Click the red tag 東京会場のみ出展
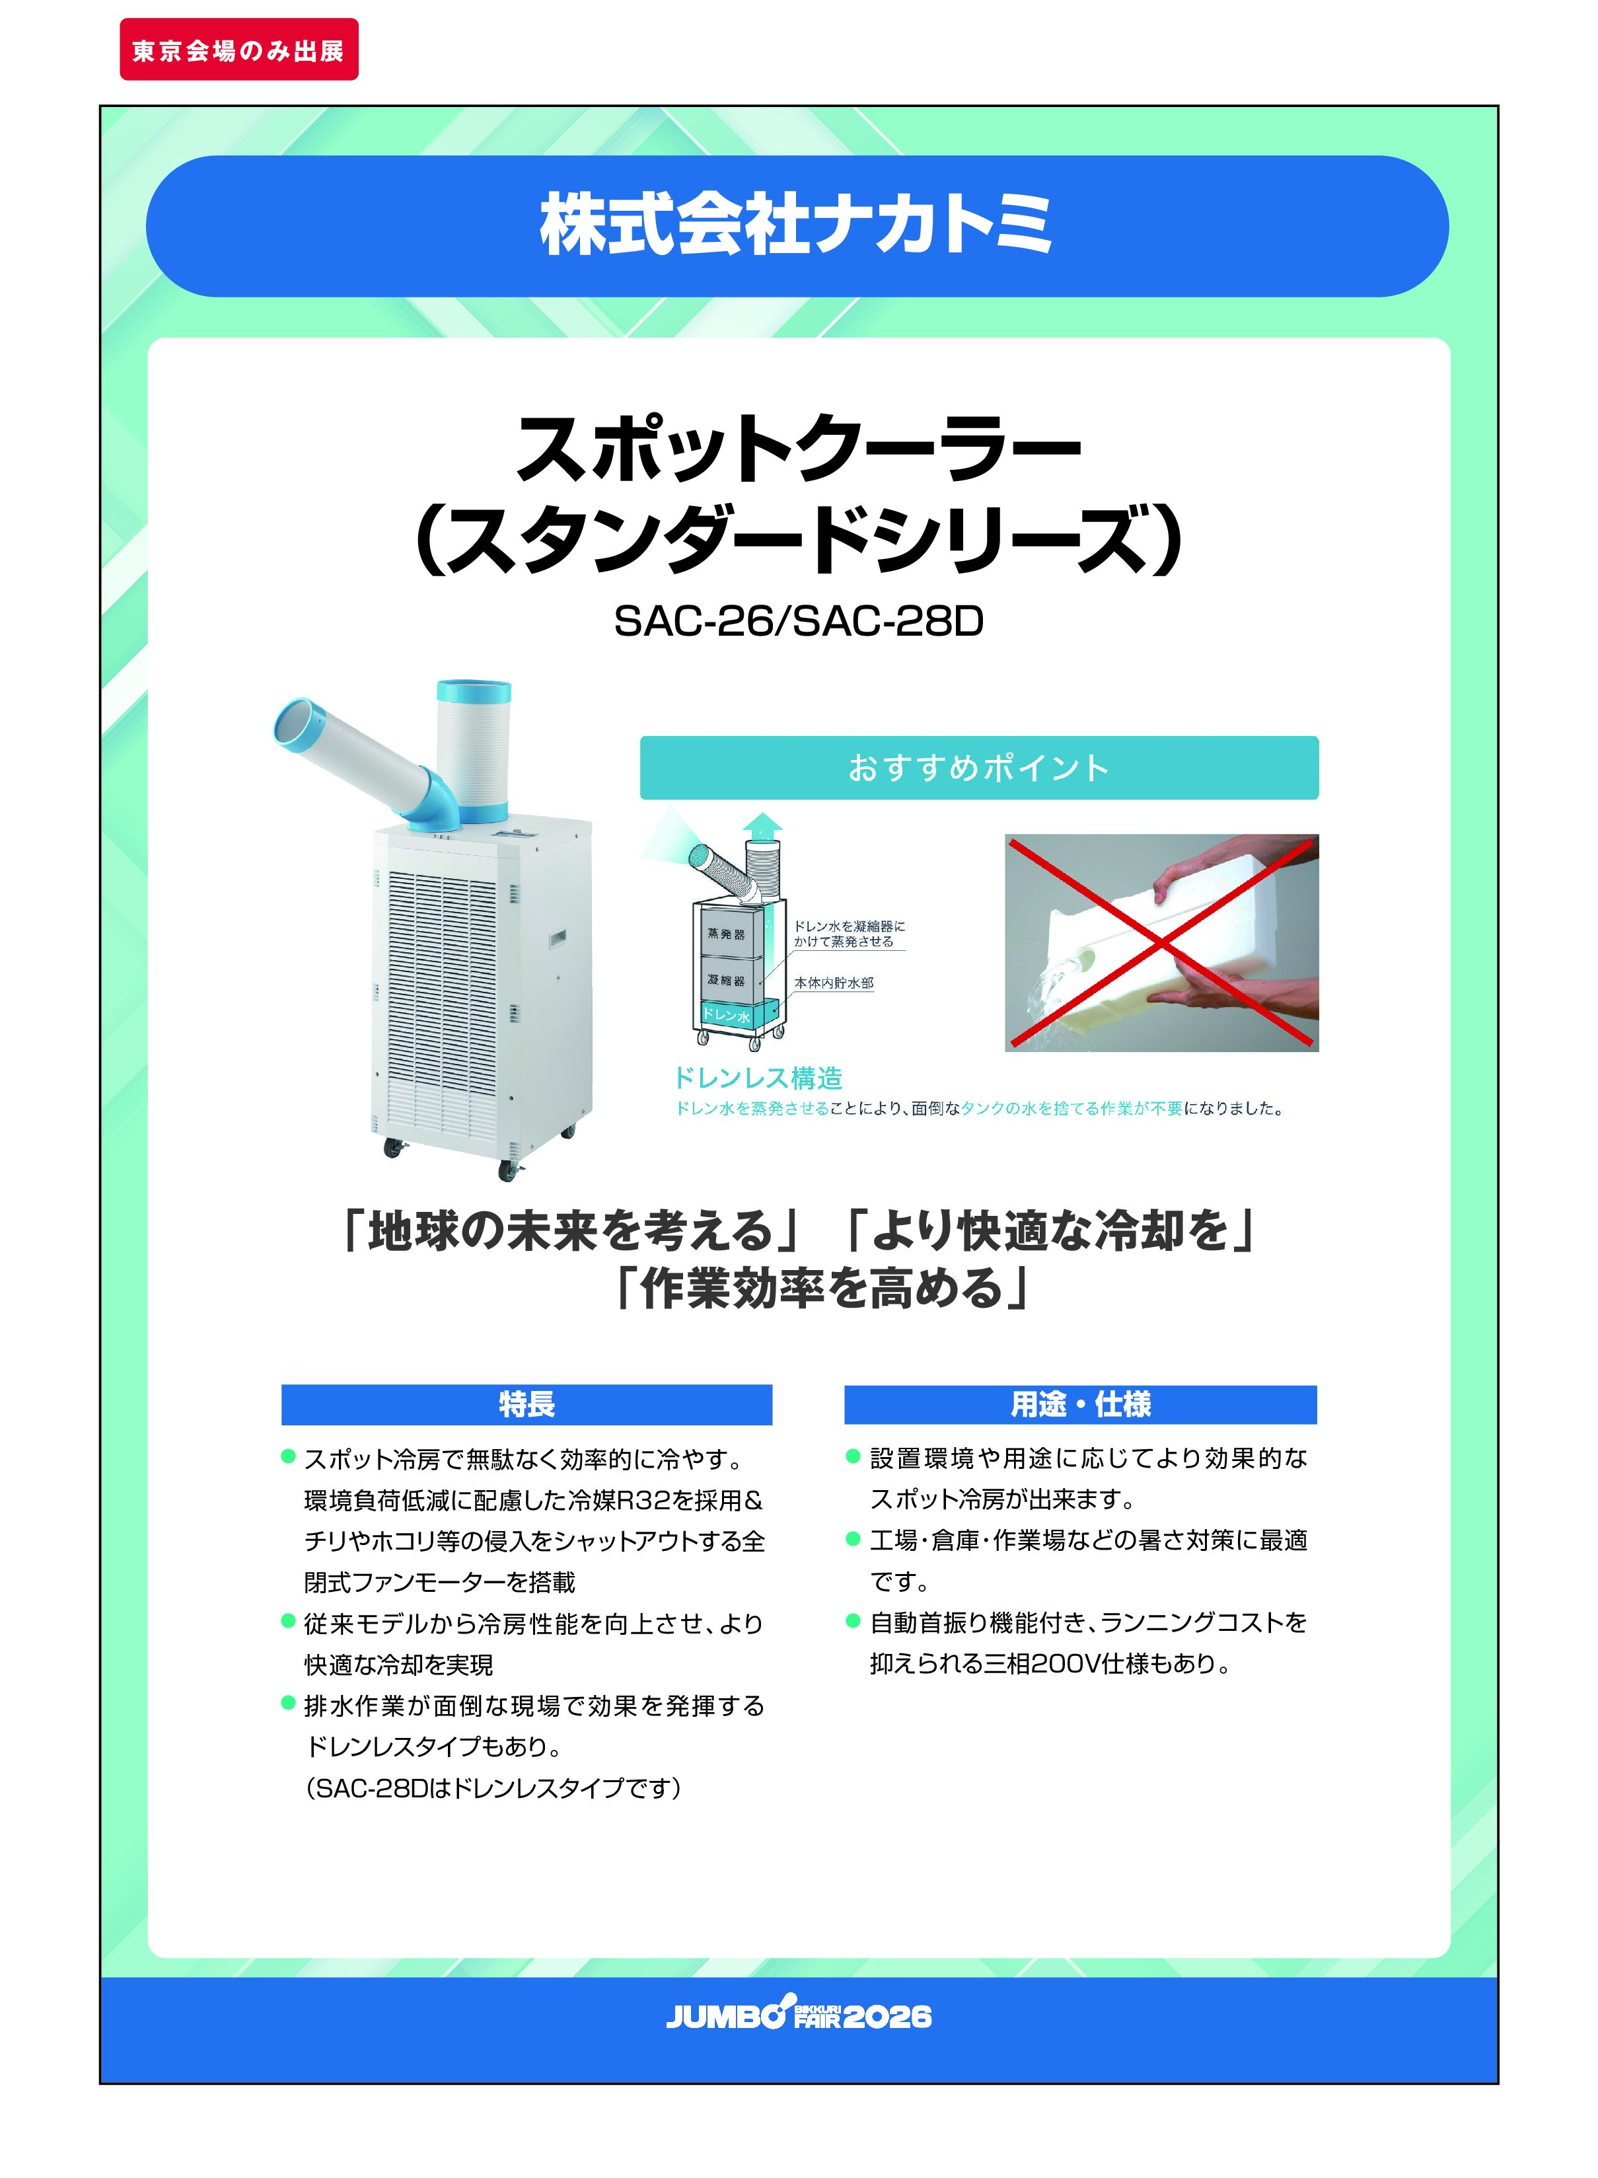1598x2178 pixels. tap(239, 50)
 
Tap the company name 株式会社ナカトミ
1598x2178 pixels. tap(797, 225)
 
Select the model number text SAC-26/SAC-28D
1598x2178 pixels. tap(798, 621)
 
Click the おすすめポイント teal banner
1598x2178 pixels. tap(979, 767)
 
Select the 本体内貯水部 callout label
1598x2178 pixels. tap(834, 983)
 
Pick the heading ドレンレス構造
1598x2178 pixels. tap(758, 1078)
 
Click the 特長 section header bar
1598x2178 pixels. tap(527, 1404)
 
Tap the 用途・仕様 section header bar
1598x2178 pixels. tap(1081, 1404)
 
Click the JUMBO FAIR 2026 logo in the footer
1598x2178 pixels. tap(798, 2015)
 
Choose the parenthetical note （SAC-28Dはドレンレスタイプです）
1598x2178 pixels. tap(493, 1787)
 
